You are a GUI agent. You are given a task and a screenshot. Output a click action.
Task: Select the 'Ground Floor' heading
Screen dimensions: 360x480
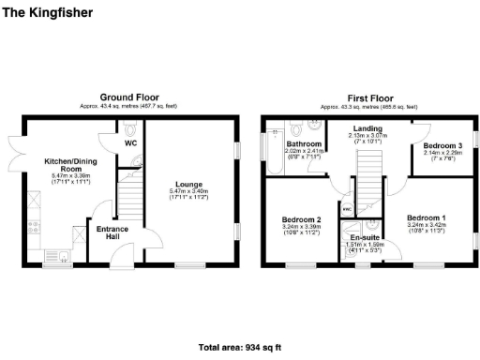click(x=129, y=97)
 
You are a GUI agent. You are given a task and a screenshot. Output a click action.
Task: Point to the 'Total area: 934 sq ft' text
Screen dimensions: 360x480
click(x=240, y=347)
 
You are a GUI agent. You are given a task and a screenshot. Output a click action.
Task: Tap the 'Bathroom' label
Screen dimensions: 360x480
click(x=304, y=143)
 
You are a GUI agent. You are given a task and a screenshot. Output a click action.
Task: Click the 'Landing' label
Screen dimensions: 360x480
click(x=367, y=129)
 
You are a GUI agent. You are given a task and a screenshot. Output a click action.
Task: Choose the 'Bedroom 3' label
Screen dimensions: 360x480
click(x=441, y=146)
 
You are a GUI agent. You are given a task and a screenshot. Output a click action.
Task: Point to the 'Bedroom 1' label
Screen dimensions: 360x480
click(x=427, y=217)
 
